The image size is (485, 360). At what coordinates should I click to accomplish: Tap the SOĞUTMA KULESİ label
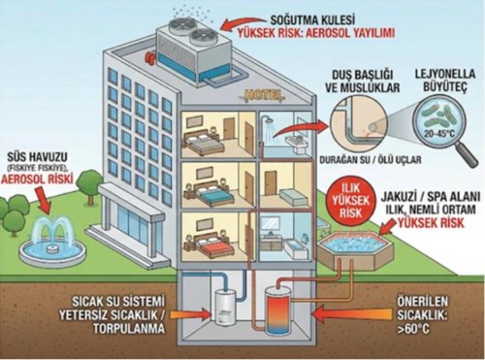(x=312, y=20)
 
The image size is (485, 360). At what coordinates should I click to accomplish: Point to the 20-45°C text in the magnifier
(x=439, y=133)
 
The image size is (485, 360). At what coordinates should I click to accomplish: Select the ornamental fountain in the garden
(x=51, y=241)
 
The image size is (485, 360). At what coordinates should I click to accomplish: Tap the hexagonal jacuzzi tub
(x=355, y=247)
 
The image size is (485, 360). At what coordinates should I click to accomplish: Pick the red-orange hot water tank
(x=277, y=311)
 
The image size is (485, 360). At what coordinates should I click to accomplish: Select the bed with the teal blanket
(x=209, y=193)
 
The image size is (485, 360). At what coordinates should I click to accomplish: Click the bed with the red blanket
(x=209, y=245)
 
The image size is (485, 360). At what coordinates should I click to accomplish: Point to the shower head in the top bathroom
(x=268, y=119)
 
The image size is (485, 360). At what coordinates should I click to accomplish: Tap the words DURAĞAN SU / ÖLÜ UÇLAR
(x=371, y=160)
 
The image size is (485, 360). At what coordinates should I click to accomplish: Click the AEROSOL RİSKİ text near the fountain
(x=37, y=179)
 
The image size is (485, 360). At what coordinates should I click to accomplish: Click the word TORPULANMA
(x=129, y=328)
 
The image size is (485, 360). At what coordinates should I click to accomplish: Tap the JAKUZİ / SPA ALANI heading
(x=429, y=196)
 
